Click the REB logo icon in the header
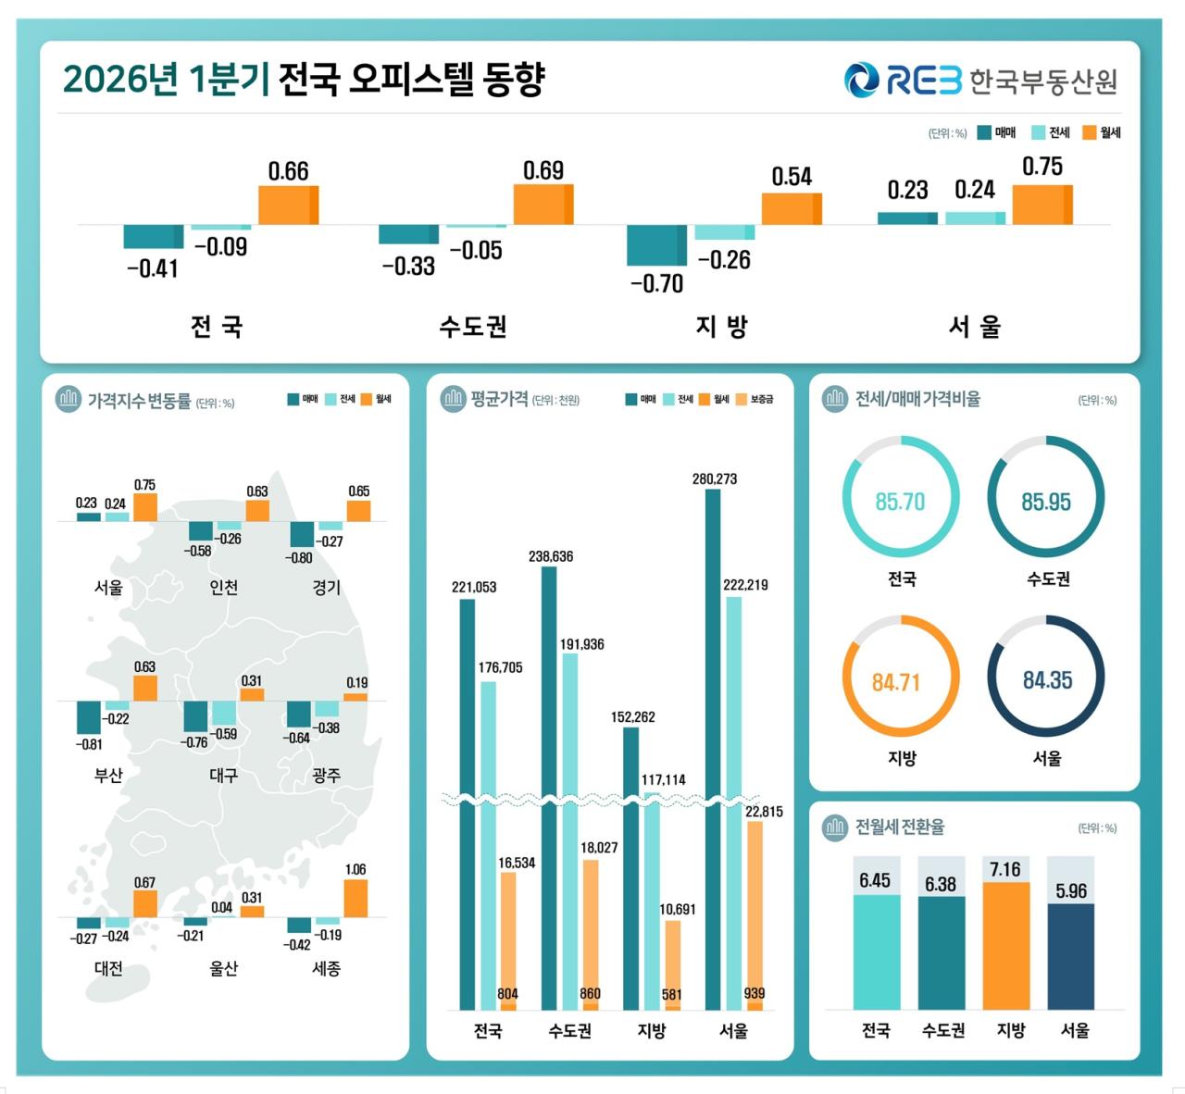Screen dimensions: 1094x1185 pos(861,80)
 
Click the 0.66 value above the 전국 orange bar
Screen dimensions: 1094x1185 pos(288,171)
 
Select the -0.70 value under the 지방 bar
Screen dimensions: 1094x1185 pos(656,283)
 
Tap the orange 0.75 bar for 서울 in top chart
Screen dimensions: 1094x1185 pos(1042,205)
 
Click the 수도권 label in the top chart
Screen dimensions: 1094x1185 pos(473,327)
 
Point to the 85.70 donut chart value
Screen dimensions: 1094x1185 pos(900,502)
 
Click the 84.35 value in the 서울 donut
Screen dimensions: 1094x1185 pos(1047,680)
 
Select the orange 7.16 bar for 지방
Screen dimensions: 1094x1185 pos(1005,945)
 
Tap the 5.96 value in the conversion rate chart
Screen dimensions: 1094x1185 pos(1071,890)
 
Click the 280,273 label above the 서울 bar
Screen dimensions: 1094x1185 pos(715,479)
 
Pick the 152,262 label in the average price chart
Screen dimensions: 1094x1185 pos(633,717)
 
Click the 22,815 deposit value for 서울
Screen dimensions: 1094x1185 pos(764,812)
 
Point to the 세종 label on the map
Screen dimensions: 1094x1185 pos(326,968)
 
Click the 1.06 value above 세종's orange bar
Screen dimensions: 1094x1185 pos(355,869)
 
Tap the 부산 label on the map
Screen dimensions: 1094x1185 pos(108,775)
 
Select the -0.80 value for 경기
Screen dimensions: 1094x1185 pos(299,558)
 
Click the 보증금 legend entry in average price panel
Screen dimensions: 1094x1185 pos(761,399)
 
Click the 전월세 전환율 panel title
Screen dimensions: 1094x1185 pos(899,827)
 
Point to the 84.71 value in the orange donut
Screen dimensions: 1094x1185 pos(896,682)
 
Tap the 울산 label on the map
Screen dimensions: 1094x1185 pos(223,968)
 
